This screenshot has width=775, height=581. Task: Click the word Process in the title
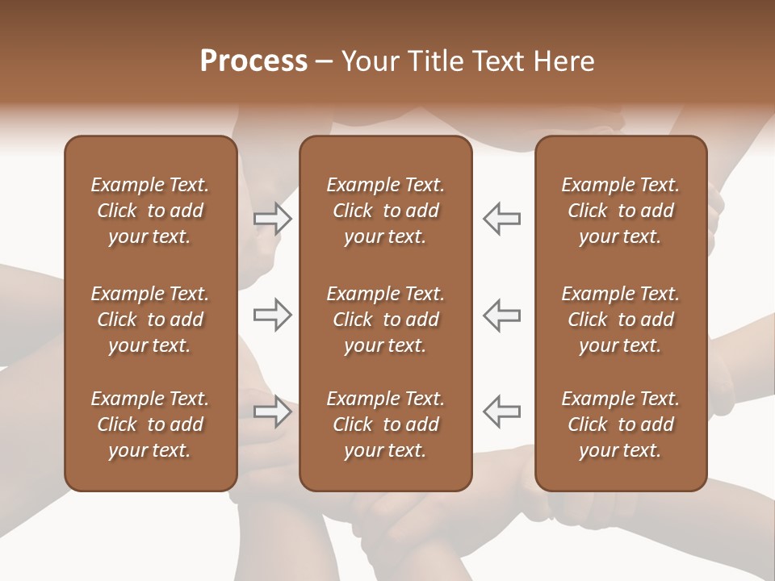tap(253, 61)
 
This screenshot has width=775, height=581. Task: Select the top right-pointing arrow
tap(273, 219)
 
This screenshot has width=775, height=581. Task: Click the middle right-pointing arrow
tap(273, 315)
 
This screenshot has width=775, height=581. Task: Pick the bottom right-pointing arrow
tap(273, 412)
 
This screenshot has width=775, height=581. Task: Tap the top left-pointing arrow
tap(502, 219)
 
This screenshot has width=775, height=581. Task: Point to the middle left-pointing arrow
tap(502, 315)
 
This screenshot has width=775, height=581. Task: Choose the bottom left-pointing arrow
tap(502, 412)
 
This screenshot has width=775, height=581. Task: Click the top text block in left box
tap(150, 211)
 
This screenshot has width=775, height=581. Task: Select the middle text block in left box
tap(150, 320)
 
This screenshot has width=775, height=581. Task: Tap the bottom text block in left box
tap(150, 424)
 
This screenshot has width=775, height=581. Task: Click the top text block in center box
tap(385, 211)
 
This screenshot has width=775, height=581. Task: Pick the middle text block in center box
tap(385, 320)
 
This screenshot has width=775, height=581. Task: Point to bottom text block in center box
tap(385, 424)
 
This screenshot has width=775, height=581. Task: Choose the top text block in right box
tap(620, 211)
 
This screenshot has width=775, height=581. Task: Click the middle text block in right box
tap(620, 320)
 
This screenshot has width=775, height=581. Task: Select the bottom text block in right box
tap(620, 424)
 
